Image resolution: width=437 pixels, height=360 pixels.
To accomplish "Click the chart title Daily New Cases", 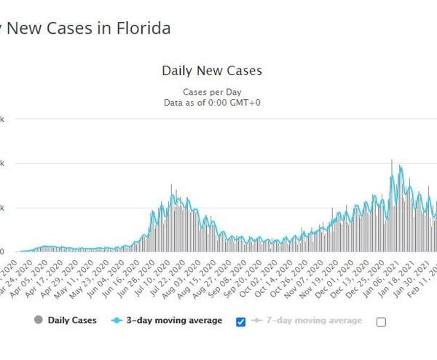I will click(x=211, y=71).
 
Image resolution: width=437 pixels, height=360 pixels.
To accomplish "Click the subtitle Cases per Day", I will click(x=211, y=92).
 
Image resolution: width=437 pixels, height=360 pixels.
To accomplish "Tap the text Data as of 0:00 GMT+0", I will click(x=211, y=103).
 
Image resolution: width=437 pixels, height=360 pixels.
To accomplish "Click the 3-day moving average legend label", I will click(x=173, y=320).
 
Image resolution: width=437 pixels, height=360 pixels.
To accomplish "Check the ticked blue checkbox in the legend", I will click(x=242, y=321).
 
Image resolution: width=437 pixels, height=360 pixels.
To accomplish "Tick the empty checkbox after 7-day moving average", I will click(x=381, y=321).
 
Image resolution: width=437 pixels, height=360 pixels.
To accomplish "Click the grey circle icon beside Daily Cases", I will click(x=38, y=320).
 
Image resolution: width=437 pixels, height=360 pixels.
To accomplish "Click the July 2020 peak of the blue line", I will click(x=172, y=195).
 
